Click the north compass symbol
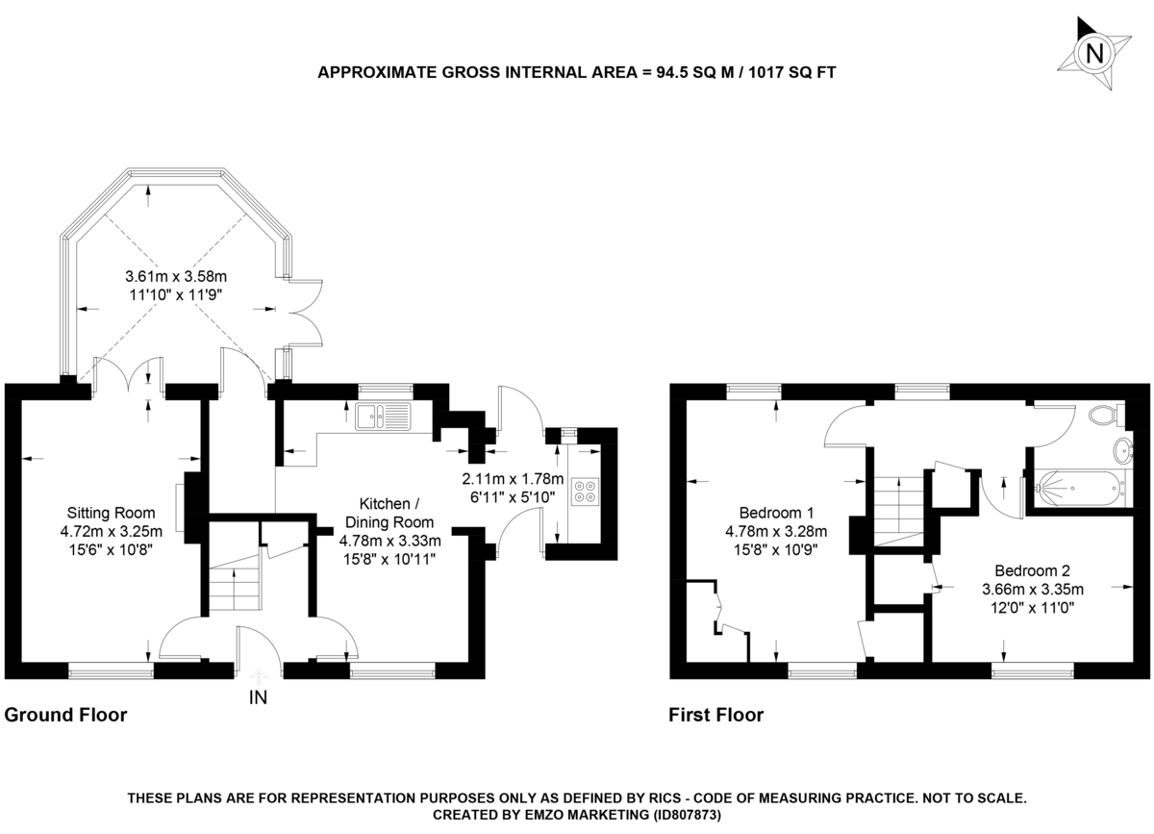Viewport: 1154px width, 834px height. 1094,54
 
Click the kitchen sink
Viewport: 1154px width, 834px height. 382,417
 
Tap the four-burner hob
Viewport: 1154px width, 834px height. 584,491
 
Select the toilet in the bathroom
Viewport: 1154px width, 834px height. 1105,416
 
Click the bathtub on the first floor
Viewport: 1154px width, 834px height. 1076,488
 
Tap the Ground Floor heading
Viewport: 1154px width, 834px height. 66,715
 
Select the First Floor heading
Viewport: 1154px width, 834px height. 716,715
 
